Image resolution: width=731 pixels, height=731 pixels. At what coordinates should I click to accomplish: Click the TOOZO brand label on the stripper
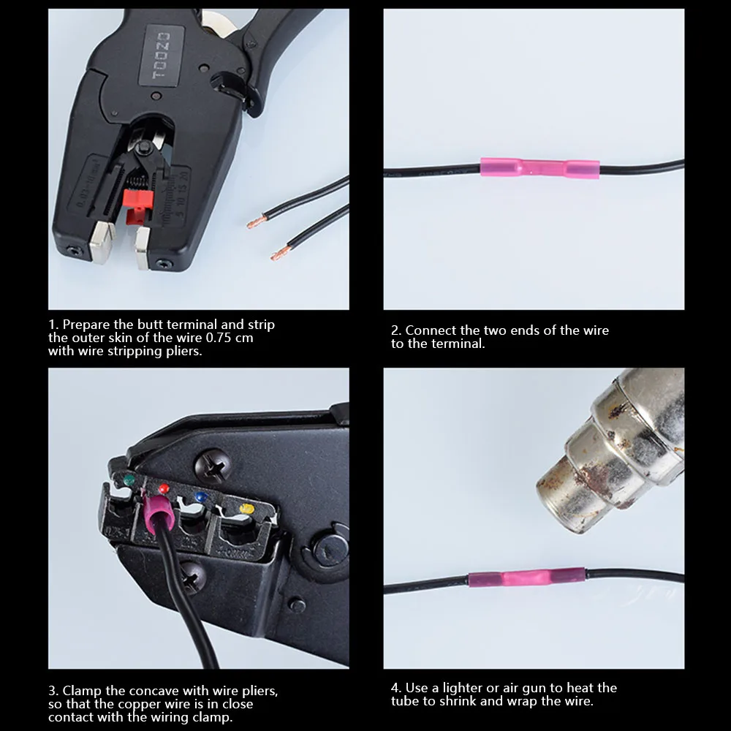(162, 56)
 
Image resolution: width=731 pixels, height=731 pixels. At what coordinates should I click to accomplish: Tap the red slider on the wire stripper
(138, 205)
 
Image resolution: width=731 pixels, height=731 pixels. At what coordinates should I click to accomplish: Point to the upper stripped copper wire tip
(257, 221)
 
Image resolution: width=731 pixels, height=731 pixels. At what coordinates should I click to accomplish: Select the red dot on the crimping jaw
(164, 488)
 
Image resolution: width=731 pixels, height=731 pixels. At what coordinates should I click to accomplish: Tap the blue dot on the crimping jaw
(201, 497)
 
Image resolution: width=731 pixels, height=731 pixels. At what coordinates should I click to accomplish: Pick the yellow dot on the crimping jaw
(246, 509)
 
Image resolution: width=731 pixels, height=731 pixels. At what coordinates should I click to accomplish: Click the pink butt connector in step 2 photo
(540, 167)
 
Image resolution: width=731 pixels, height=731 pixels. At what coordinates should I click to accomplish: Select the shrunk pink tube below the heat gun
(526, 578)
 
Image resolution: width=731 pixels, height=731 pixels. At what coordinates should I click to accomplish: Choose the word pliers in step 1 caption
(184, 351)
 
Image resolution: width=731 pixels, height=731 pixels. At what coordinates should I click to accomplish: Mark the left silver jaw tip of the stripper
(101, 240)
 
